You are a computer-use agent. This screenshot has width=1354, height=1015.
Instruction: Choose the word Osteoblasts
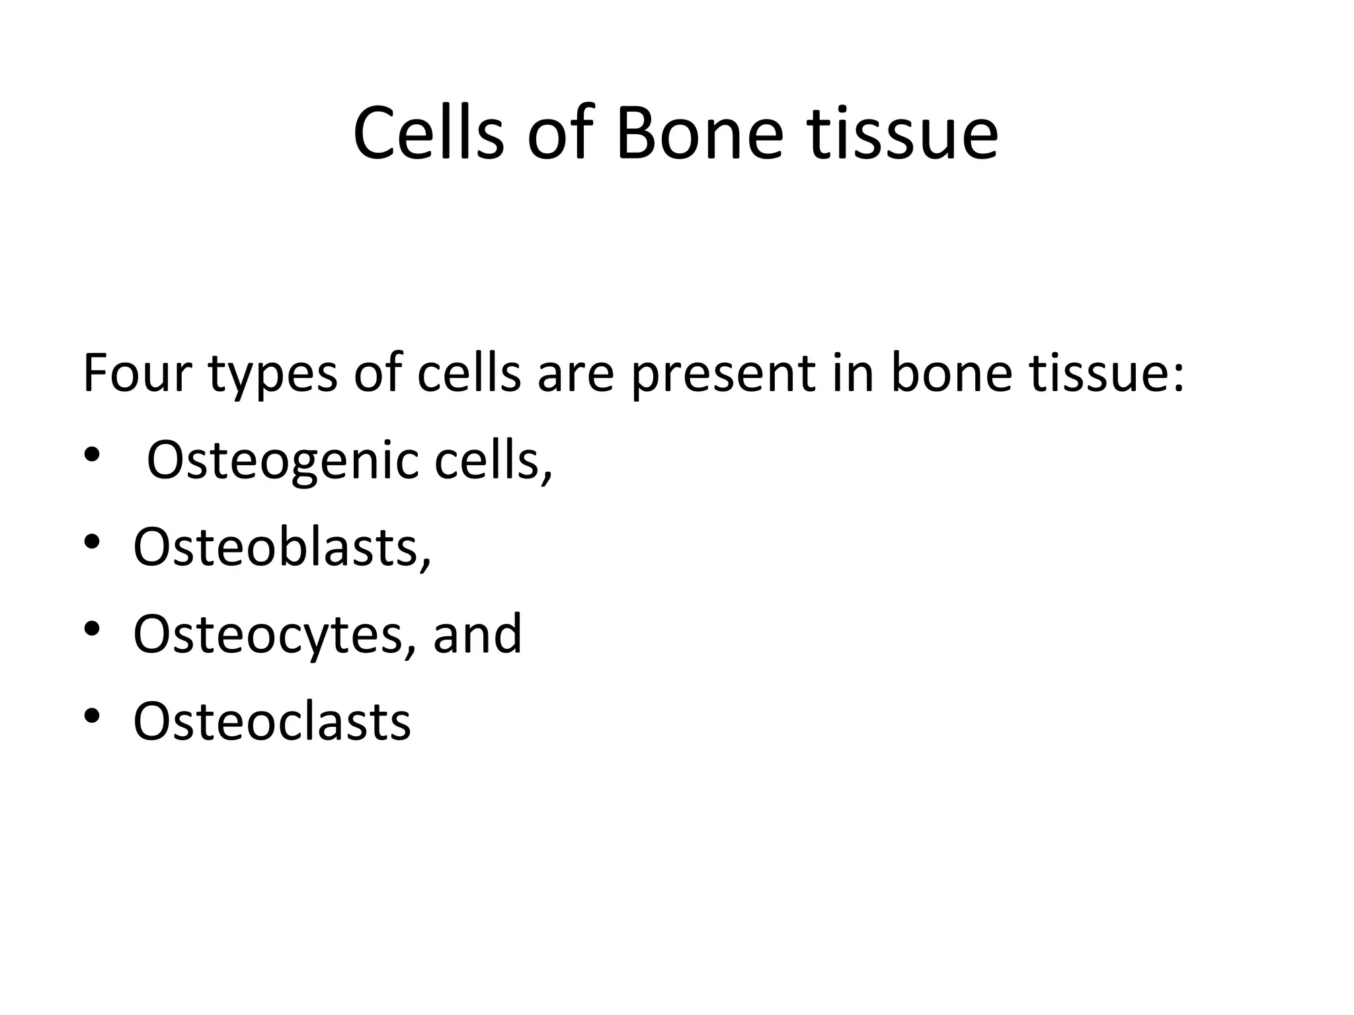(278, 547)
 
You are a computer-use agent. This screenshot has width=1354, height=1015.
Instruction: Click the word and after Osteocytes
(477, 634)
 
